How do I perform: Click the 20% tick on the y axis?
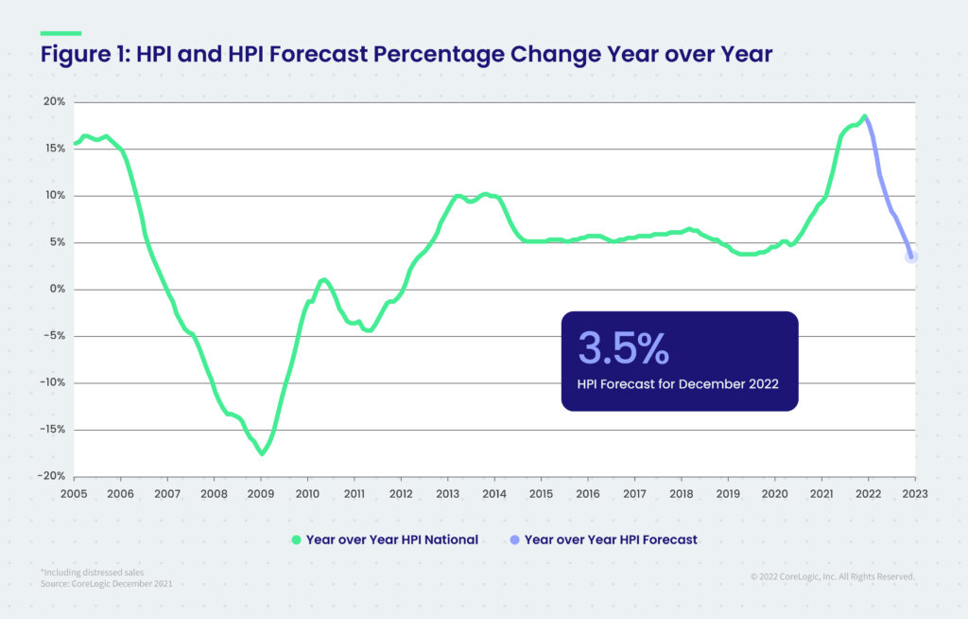click(52, 102)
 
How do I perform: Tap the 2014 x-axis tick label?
click(493, 493)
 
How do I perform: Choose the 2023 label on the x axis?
click(914, 493)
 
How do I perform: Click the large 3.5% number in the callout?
click(623, 348)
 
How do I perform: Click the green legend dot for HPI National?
click(296, 539)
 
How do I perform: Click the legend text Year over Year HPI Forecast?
click(610, 539)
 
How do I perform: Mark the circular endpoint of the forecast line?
click(911, 256)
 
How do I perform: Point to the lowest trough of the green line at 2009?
click(262, 453)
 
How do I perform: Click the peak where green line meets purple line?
click(864, 117)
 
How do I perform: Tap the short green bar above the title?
click(60, 33)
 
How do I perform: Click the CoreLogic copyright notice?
click(832, 575)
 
